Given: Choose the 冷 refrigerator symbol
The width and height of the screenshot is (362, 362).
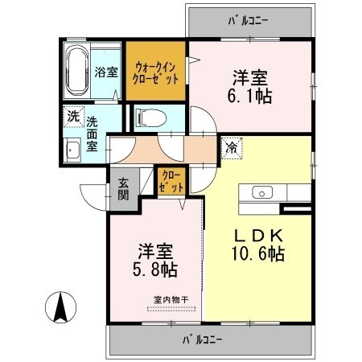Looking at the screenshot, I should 232,148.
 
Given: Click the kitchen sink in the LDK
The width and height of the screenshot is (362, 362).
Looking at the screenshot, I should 263,193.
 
